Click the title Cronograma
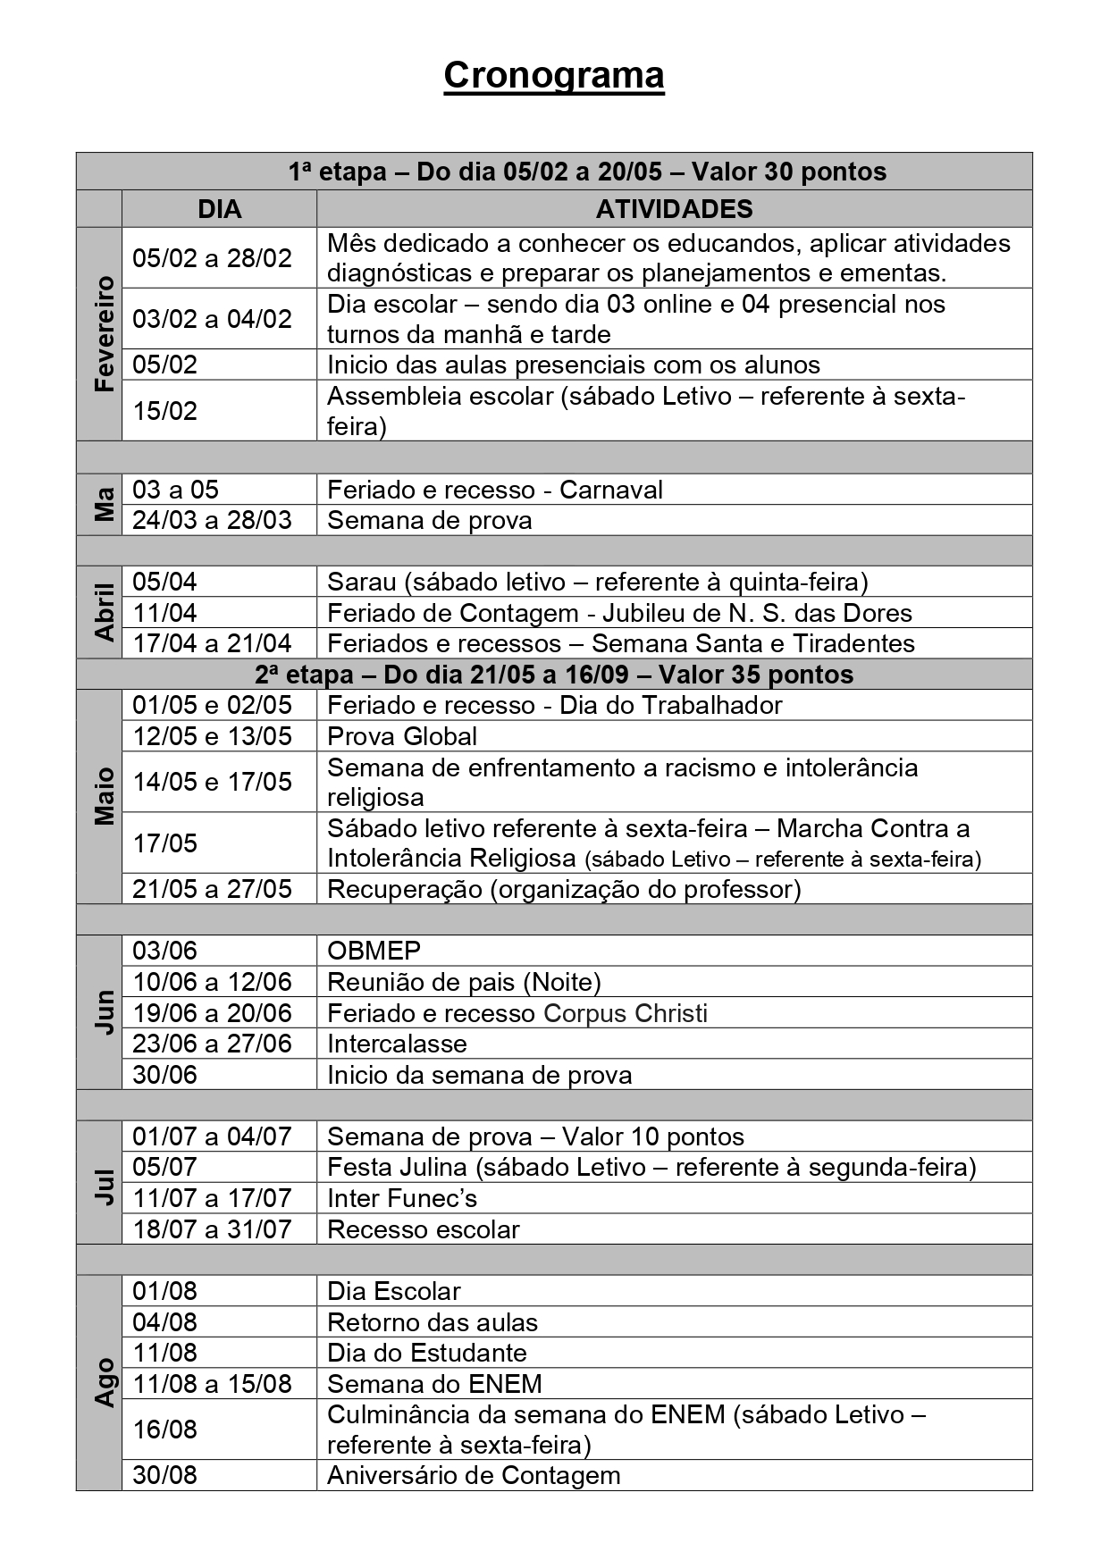tap(553, 76)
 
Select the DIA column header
tap(219, 209)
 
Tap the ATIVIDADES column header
tap(674, 209)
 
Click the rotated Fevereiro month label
tap(104, 333)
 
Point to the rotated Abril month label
tap(104, 612)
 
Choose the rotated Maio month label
tap(104, 795)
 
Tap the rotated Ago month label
tap(104, 1382)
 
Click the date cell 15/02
tap(165, 411)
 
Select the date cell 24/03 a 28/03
tap(212, 520)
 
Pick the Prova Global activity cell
tap(402, 736)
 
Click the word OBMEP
tap(374, 951)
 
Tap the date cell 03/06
tap(165, 951)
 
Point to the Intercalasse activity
tap(397, 1044)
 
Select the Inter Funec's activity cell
tap(402, 1198)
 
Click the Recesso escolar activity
tap(423, 1229)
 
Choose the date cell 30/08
tap(165, 1474)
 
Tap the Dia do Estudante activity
tap(426, 1353)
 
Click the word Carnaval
tap(611, 490)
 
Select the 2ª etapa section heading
tap(554, 675)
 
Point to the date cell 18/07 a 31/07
tap(212, 1229)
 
